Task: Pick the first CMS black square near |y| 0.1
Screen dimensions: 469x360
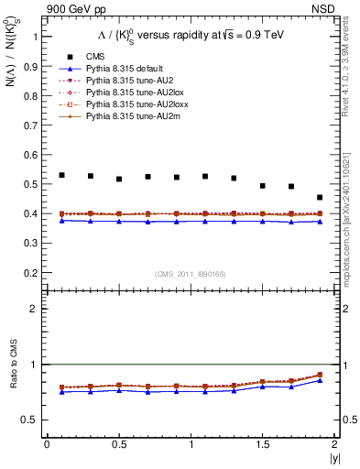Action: [x=61, y=175]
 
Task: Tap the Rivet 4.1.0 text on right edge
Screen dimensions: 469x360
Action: [x=353, y=84]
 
